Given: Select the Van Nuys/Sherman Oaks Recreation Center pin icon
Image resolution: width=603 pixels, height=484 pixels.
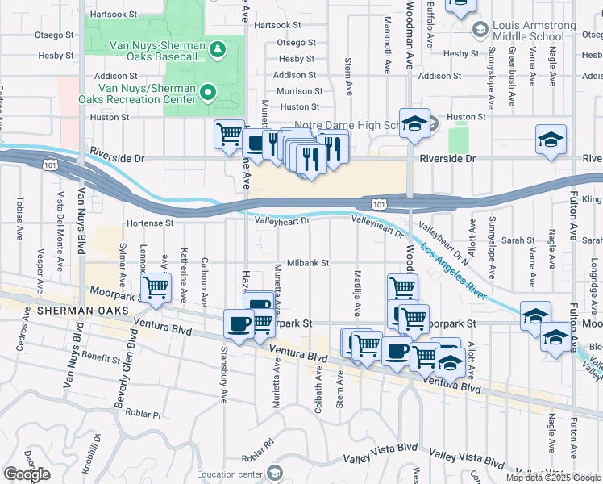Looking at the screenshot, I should tap(208, 93).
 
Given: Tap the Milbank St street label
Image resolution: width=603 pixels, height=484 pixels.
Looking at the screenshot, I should tap(308, 263).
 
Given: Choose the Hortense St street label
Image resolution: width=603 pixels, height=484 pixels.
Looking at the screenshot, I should tap(149, 223).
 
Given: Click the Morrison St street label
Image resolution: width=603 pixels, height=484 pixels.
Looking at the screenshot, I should tap(299, 92).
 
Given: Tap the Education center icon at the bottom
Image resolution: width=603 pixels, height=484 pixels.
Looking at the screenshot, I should tap(275, 473).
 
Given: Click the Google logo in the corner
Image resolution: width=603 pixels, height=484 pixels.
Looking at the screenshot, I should tap(27, 474).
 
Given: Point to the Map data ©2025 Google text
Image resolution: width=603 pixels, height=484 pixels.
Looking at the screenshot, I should tap(553, 478).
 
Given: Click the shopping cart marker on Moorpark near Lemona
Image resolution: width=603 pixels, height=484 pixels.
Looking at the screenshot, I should tap(156, 286).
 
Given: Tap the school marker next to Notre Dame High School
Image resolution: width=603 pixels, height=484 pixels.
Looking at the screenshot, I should tap(414, 123).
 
